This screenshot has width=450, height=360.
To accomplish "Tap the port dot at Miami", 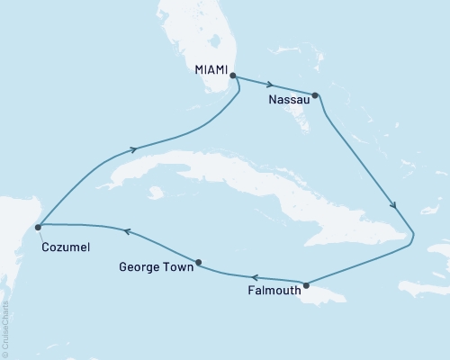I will (x=233, y=76).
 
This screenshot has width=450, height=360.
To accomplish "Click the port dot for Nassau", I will (x=315, y=94).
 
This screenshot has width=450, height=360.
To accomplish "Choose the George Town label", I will (x=155, y=266).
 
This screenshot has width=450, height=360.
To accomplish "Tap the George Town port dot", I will (x=198, y=263).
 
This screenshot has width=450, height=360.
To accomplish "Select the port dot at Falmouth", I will (x=306, y=285).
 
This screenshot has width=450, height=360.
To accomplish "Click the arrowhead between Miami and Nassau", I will (x=270, y=85).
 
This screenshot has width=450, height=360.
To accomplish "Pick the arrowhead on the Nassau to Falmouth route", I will (x=393, y=206).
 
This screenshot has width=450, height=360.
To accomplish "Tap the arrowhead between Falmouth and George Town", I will (x=256, y=278).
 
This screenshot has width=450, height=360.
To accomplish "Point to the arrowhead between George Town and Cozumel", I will (x=127, y=231).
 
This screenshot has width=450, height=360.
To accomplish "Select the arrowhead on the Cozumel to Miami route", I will (x=135, y=149).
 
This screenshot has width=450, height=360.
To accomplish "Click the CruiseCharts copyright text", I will (x=5, y=328).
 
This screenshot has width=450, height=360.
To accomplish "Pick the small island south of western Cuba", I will (x=157, y=193).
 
